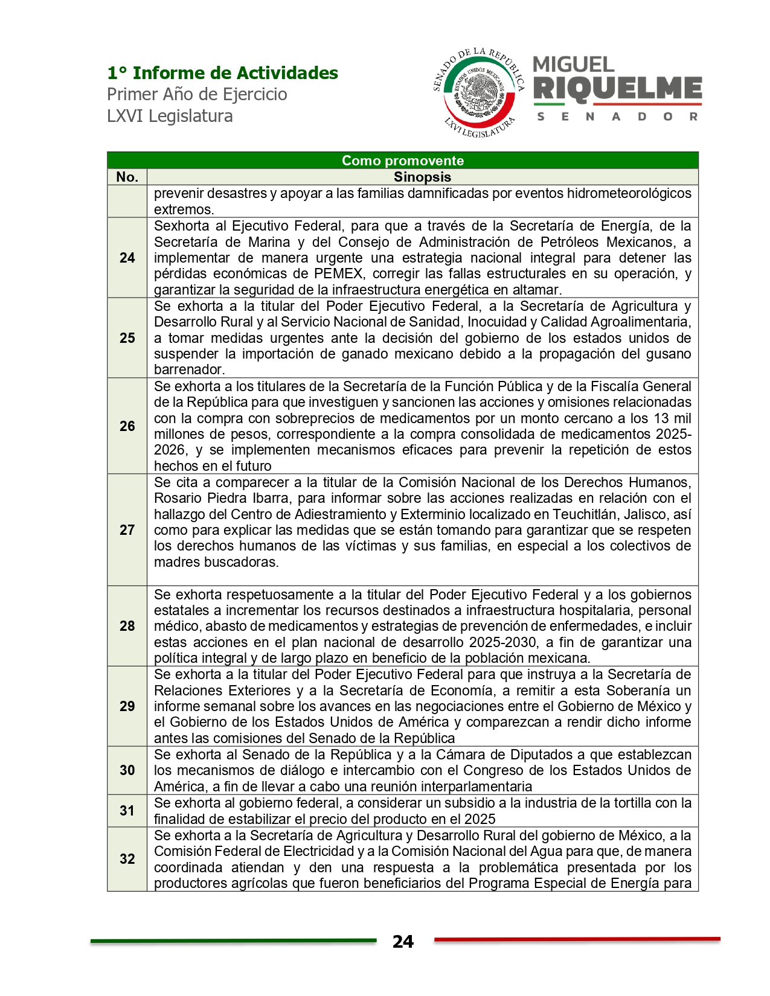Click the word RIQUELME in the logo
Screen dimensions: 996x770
coord(617,89)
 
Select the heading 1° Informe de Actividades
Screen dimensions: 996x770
coord(222,73)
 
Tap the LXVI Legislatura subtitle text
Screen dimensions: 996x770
coord(170,116)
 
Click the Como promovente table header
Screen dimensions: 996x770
coord(402,161)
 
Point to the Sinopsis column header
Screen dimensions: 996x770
coord(422,177)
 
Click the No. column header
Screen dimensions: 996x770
coord(127,177)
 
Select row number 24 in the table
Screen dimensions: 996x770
coord(127,258)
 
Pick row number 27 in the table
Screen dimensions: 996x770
coord(127,530)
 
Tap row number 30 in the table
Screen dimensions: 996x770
coord(127,770)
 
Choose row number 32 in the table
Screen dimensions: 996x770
coord(127,859)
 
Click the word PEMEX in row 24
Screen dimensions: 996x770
coord(338,274)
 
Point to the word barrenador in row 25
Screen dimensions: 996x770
coord(189,369)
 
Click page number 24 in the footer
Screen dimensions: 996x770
coord(403,942)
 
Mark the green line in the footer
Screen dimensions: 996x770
coord(233,940)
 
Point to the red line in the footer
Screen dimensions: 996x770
coord(577,939)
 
